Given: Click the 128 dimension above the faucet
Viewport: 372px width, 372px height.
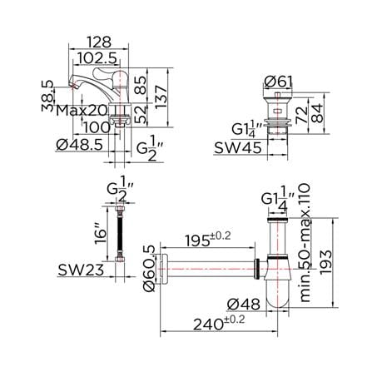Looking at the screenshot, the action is click(x=99, y=42).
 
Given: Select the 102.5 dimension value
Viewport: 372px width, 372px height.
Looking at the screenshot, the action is click(x=97, y=58).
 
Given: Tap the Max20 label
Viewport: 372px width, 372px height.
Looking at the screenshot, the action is click(x=82, y=111).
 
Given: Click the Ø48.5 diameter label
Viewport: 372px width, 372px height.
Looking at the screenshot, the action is click(x=80, y=145).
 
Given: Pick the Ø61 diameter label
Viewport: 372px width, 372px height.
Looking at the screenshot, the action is click(x=278, y=82).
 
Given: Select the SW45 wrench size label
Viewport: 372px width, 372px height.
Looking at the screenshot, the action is click(x=238, y=148).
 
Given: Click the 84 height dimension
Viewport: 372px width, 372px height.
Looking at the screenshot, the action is click(x=317, y=113).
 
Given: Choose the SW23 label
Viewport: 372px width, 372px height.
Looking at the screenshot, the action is click(x=81, y=270).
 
